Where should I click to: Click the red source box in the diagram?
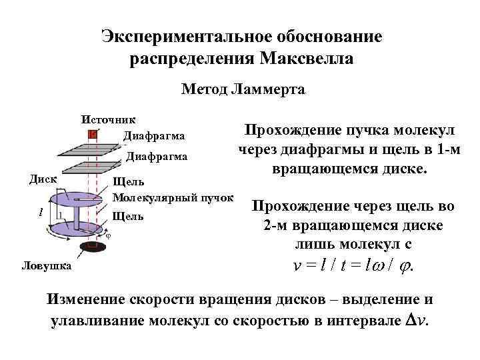point(93,134)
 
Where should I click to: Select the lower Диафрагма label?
point(157,157)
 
